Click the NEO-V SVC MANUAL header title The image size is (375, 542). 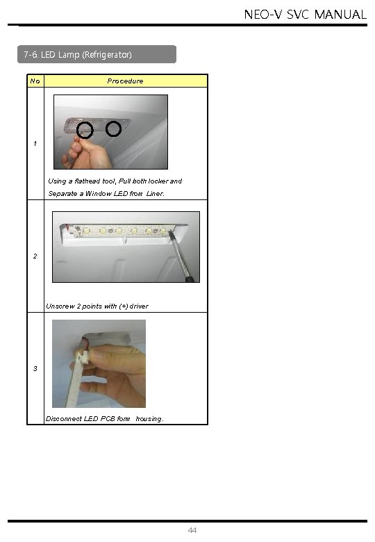306,14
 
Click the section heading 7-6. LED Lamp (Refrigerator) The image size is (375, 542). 78,55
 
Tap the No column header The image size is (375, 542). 35,81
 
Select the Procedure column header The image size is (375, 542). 125,81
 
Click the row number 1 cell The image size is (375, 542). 35,143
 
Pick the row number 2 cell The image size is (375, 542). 35,256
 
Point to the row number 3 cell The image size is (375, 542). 35,368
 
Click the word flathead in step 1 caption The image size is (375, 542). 87,181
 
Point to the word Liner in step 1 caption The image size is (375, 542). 155,194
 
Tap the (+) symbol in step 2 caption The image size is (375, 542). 124,306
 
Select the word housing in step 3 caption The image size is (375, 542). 149,419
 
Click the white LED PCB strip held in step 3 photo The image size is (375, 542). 76,380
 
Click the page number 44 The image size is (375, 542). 192,530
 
